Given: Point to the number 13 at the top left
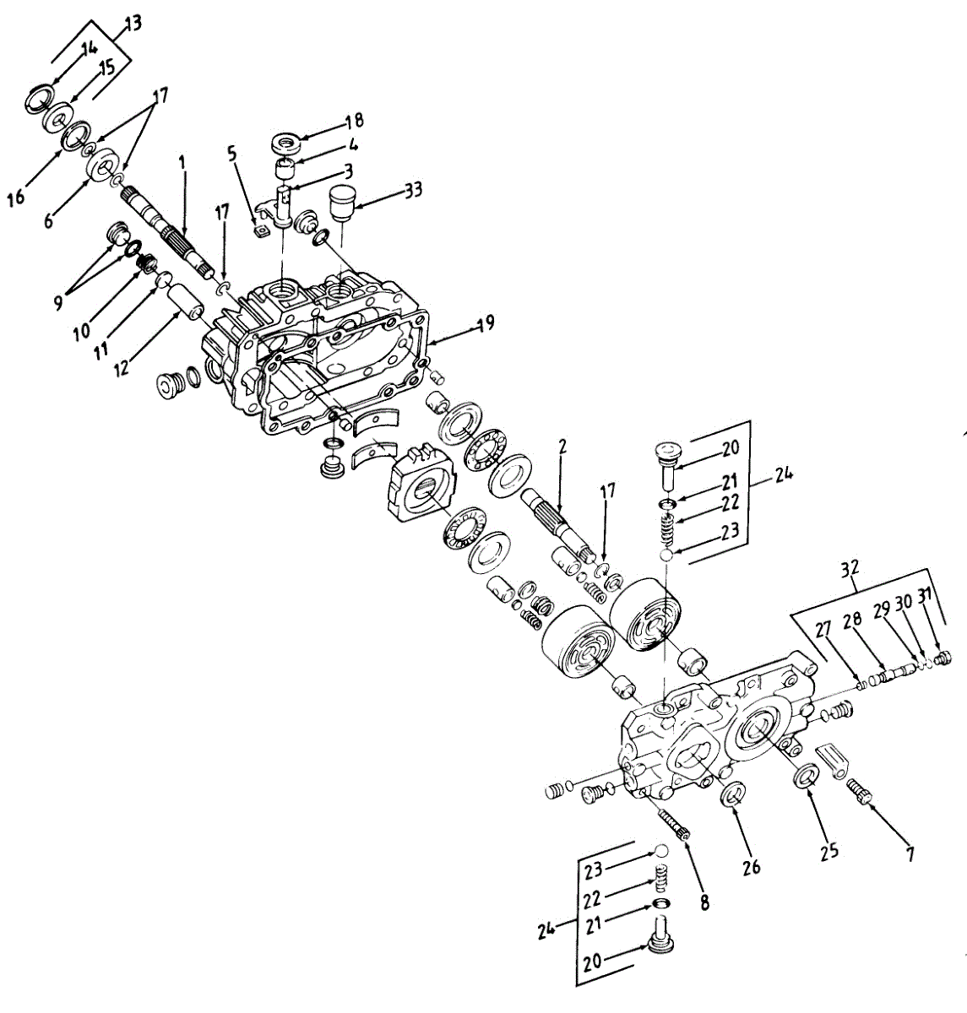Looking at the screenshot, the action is coord(134,23).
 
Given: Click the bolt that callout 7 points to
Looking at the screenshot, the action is coord(861,794).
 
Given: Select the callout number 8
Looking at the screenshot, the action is coord(704,902).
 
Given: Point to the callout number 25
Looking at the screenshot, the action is coord(829,850).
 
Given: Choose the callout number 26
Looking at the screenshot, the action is coord(751,866).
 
